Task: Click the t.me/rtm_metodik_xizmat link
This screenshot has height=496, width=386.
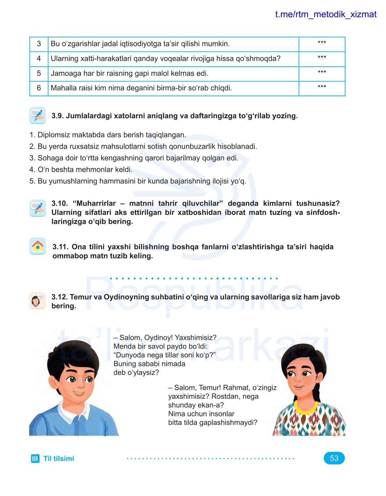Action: pyautogui.click(x=325, y=15)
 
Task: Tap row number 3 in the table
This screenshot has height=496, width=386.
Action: pyautogui.click(x=39, y=44)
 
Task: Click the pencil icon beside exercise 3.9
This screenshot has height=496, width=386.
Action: pyautogui.click(x=38, y=116)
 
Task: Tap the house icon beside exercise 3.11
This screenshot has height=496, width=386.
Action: pyautogui.click(x=38, y=246)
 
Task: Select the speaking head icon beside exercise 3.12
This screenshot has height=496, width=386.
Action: pyautogui.click(x=37, y=301)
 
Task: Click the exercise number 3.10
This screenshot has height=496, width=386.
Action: pyautogui.click(x=59, y=203)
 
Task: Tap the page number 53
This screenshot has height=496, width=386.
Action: pyautogui.click(x=334, y=458)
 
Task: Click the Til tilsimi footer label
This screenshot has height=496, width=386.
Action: pyautogui.click(x=59, y=459)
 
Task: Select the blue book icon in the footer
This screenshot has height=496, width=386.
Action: pyautogui.click(x=35, y=459)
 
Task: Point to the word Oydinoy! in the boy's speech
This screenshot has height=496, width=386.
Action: pyautogui.click(x=158, y=338)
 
